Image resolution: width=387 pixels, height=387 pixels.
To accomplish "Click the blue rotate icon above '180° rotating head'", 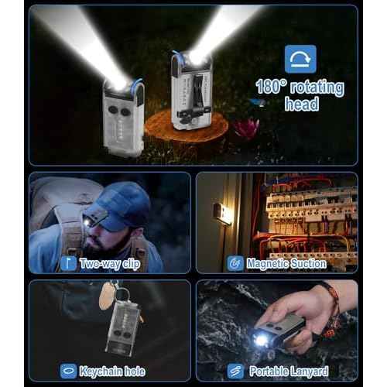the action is tap(300, 59).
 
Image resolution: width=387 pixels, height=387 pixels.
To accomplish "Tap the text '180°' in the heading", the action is tap(271, 87).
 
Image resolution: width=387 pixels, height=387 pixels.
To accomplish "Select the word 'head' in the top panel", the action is tap(302, 104).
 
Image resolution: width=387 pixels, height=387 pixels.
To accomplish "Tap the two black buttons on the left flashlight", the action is tap(119, 111).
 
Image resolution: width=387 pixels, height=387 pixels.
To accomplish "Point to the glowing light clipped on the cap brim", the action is tap(87, 221).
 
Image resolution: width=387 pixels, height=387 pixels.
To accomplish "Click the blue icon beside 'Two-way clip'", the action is tap(68, 264).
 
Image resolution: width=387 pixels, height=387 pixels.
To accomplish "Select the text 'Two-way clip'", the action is tap(110, 264).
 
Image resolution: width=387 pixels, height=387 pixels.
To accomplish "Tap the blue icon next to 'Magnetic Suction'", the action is tap(235, 264).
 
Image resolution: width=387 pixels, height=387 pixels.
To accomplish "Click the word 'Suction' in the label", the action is tap(308, 264).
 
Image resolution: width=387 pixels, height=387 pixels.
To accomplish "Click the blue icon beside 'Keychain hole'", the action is tap(68, 371).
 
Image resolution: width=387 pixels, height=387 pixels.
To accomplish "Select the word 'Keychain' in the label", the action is tap(101, 372).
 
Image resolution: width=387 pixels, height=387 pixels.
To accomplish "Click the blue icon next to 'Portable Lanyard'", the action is tap(235, 371).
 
